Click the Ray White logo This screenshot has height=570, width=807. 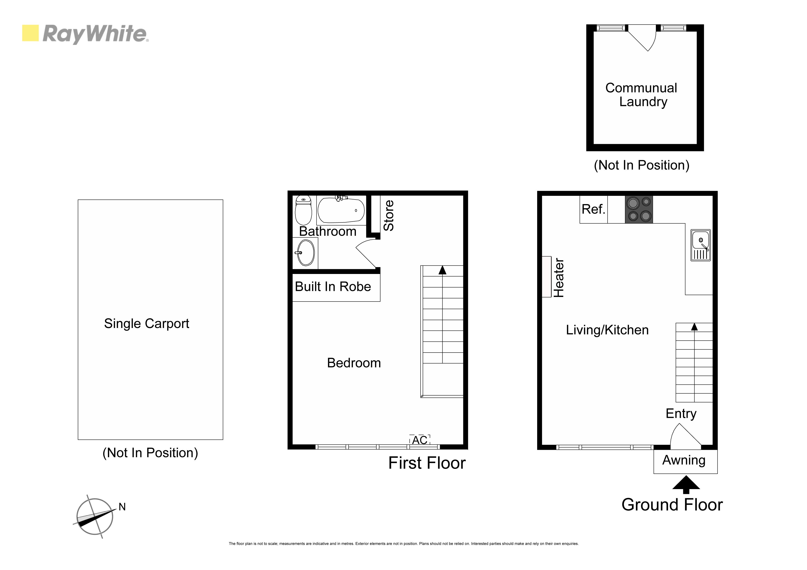pos(85,34)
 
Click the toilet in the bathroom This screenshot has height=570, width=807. pos(303,210)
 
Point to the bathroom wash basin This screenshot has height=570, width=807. pos(306,253)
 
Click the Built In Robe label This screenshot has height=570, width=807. pos(333,287)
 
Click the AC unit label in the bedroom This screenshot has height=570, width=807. pos(420,440)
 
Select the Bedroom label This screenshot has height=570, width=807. pos(354,363)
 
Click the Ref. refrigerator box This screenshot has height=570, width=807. pos(594,209)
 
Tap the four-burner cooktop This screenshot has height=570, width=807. pos(639,209)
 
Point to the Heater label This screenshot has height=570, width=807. pos(559,278)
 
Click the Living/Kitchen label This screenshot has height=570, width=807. pos(607,330)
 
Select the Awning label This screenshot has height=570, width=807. pos(684,460)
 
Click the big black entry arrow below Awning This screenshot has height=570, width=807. pos(686,485)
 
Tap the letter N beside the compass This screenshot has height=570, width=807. pos(122,507)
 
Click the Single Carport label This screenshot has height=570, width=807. pos(147,323)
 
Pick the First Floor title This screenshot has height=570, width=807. pos(427,463)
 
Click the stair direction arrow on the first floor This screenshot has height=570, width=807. pos(443,270)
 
